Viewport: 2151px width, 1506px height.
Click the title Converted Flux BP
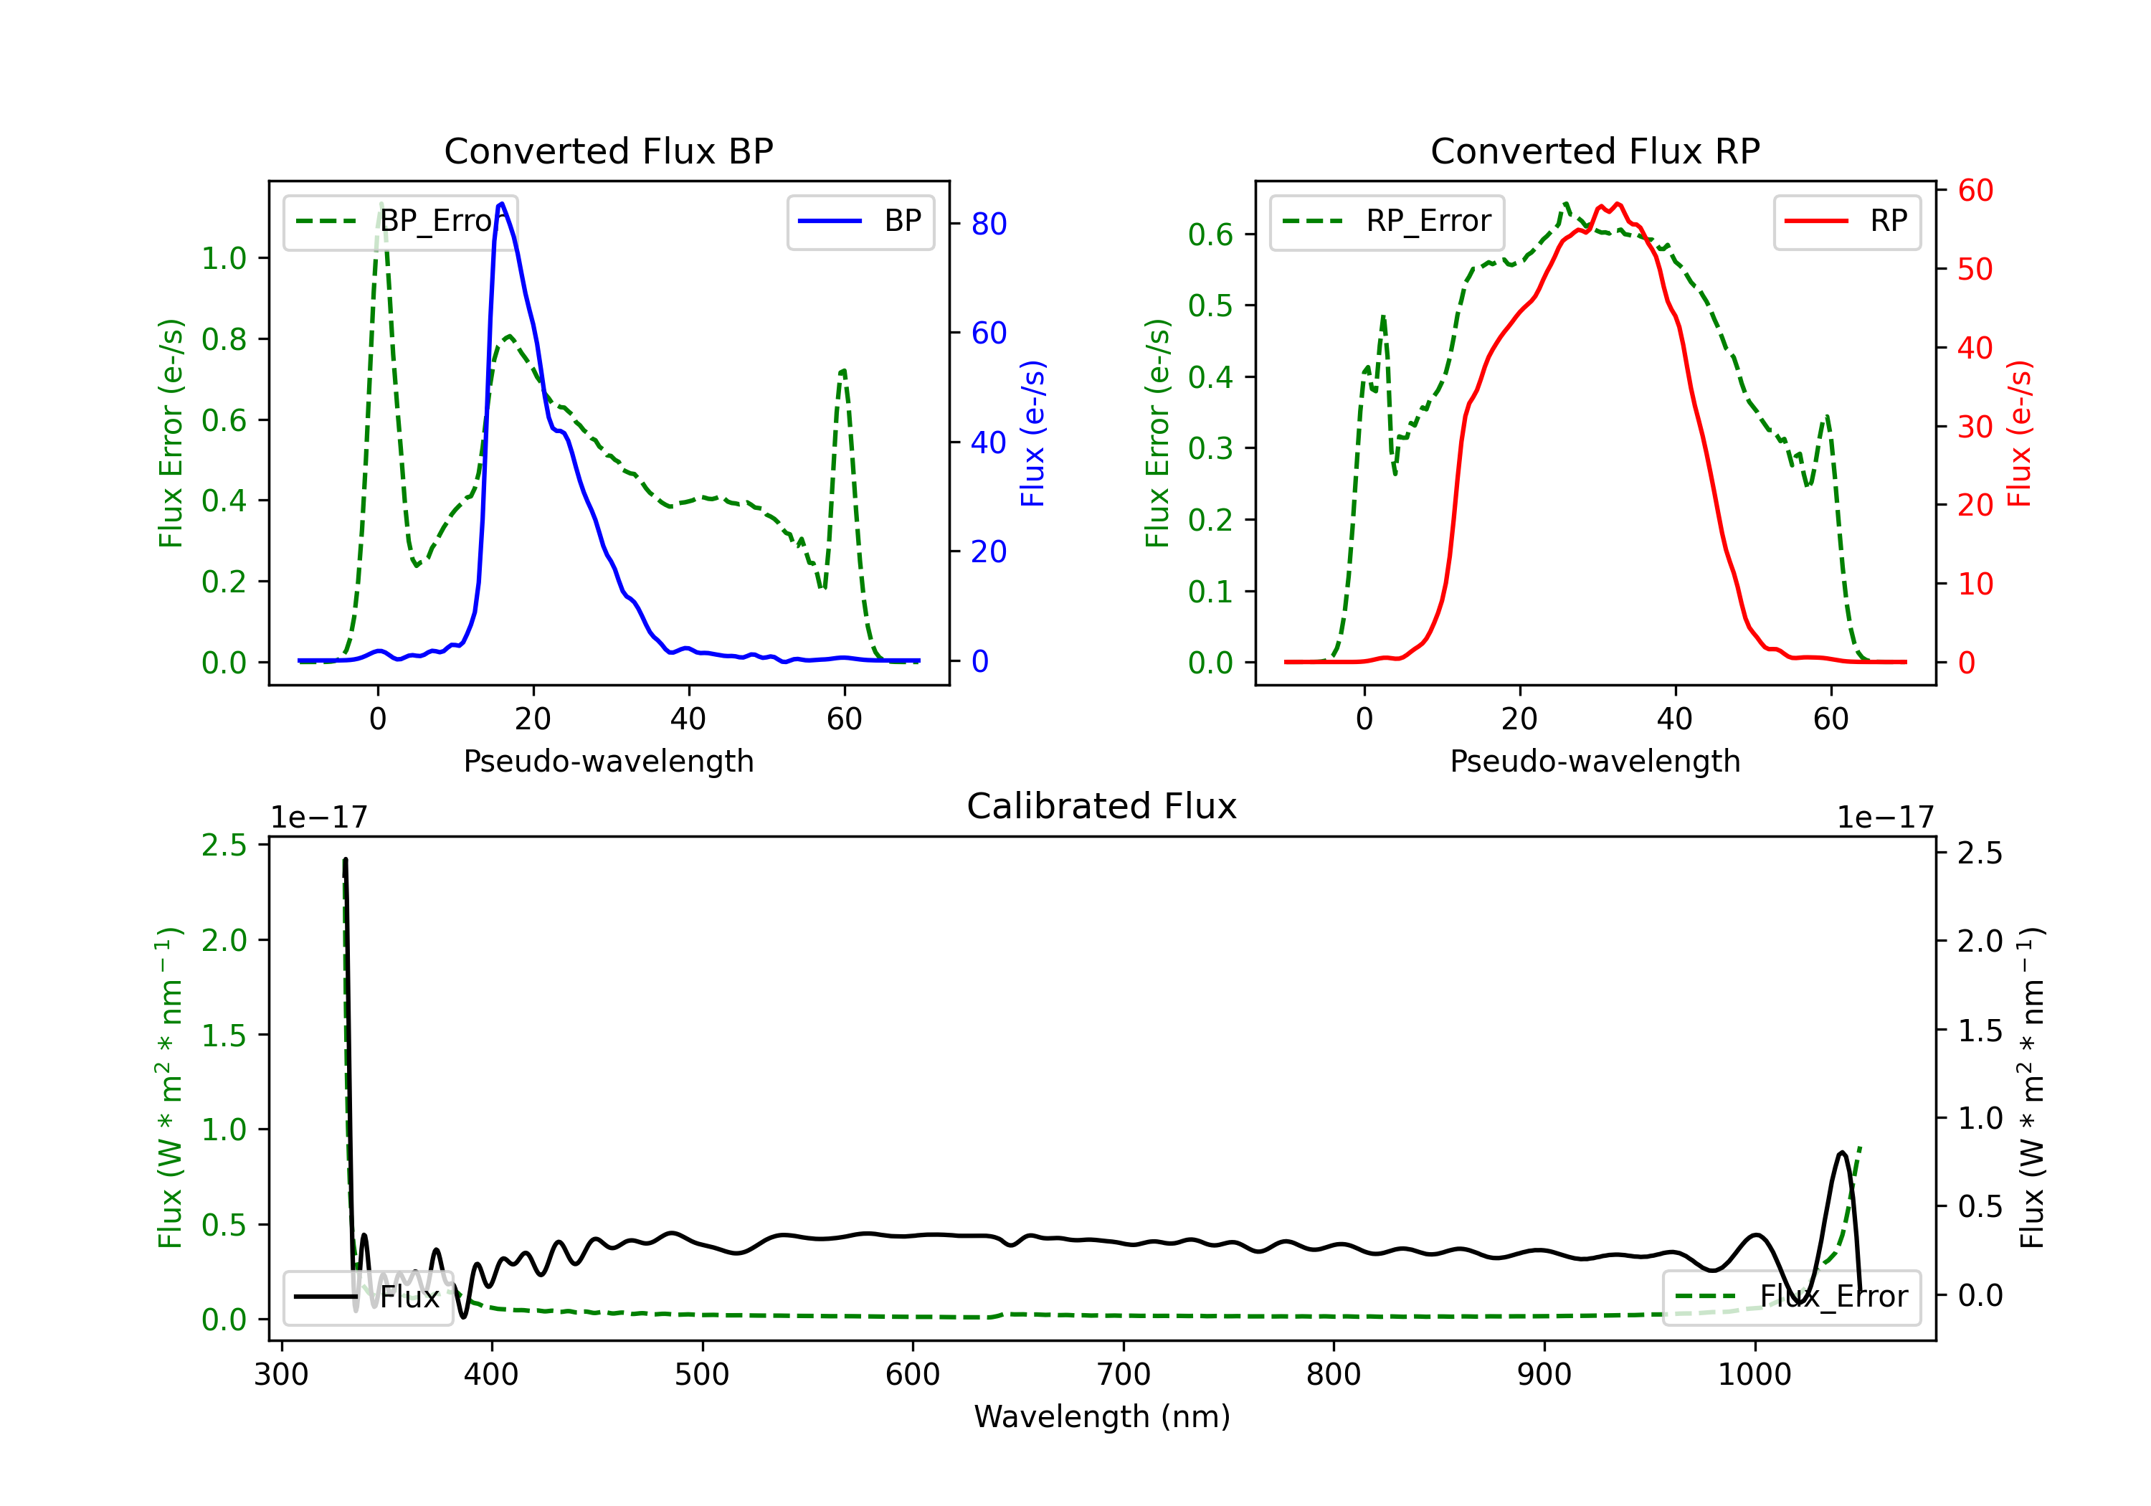click(x=608, y=151)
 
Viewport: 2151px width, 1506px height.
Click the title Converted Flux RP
click(x=1595, y=151)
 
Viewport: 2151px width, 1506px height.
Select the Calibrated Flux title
click(x=1102, y=806)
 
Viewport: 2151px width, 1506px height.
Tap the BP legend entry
click(x=860, y=221)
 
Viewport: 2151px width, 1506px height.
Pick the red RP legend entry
click(x=1846, y=221)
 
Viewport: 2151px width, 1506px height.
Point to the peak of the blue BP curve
click(x=502, y=204)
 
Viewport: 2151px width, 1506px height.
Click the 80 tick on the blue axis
click(x=988, y=223)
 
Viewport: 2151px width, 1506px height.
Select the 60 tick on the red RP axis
click(x=1975, y=190)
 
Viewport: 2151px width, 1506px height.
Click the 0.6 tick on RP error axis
click(x=1210, y=235)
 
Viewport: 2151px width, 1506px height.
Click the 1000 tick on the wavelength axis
click(x=1754, y=1374)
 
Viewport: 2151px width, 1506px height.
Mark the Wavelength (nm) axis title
click(x=1102, y=1416)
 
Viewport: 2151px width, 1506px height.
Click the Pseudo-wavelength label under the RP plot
click(x=1595, y=761)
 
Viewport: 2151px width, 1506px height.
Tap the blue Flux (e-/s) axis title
click(x=1032, y=433)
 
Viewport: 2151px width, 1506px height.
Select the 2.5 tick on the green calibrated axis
click(x=224, y=846)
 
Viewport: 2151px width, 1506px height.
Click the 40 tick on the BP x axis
click(x=688, y=719)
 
